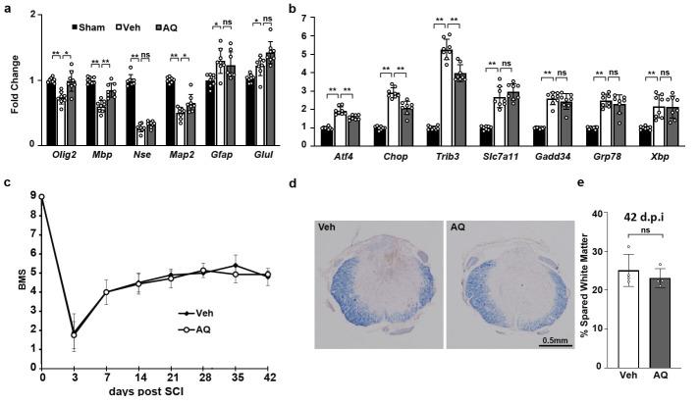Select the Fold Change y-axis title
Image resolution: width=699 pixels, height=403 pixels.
pyautogui.click(x=12, y=78)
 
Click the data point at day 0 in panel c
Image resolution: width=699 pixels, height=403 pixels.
pyautogui.click(x=41, y=196)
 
